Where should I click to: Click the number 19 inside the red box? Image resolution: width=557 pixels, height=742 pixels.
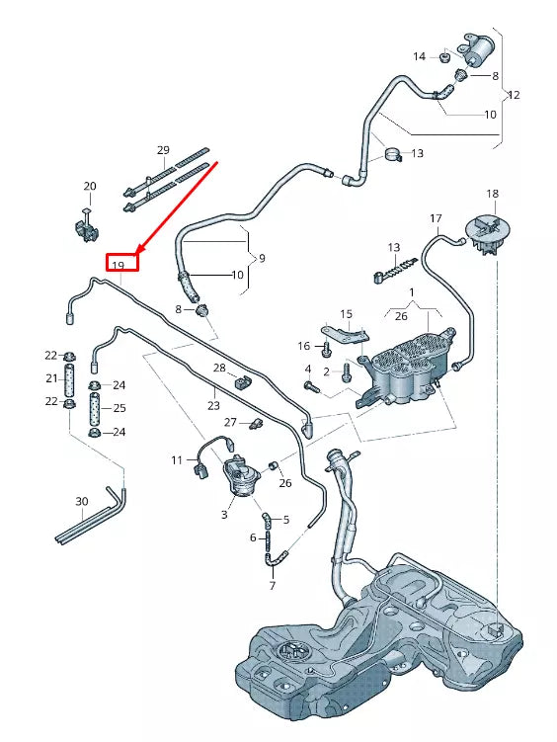click(x=118, y=265)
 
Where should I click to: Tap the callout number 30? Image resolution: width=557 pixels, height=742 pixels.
click(x=81, y=502)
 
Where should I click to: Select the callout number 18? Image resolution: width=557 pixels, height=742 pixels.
click(x=492, y=194)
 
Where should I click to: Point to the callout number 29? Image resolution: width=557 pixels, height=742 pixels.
click(x=163, y=150)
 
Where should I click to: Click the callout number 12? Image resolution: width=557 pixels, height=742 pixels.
click(x=513, y=96)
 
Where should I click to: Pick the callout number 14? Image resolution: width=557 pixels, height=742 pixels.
click(x=419, y=56)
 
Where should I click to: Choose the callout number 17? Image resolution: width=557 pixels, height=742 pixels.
click(x=436, y=217)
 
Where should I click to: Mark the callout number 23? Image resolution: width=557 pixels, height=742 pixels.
click(x=212, y=404)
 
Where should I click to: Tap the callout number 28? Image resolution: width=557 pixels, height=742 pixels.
click(x=218, y=369)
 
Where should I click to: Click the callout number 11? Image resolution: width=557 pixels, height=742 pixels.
click(x=177, y=460)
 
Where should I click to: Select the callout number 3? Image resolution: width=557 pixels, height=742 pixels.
click(x=225, y=515)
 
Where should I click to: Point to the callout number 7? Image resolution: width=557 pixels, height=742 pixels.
click(x=272, y=586)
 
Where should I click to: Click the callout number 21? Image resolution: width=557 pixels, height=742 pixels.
click(x=50, y=378)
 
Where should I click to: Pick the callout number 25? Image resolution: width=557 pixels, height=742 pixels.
click(x=119, y=407)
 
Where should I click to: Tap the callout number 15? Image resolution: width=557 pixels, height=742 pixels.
click(x=346, y=314)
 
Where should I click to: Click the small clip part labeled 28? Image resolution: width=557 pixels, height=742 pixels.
click(x=243, y=380)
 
